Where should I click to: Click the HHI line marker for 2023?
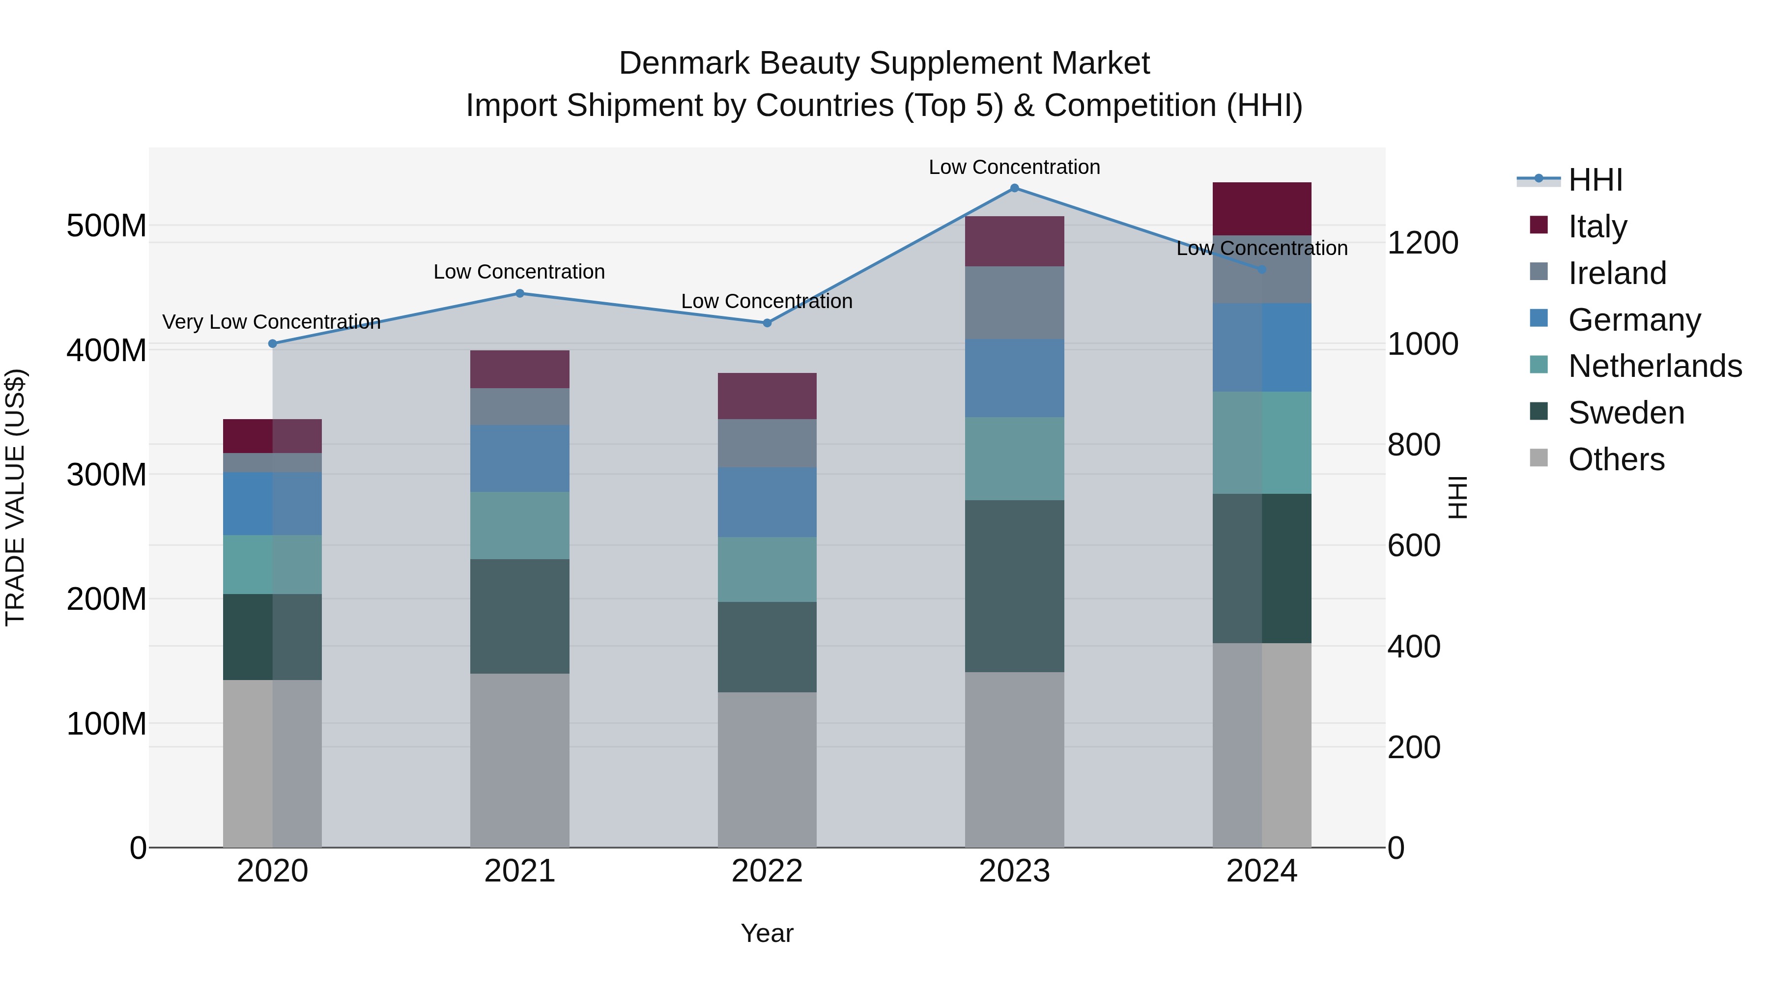tap(1014, 188)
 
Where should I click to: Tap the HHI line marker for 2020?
tap(273, 343)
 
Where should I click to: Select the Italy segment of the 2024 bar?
tap(1261, 209)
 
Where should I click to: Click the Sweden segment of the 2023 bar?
tap(1014, 586)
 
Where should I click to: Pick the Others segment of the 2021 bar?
tap(520, 760)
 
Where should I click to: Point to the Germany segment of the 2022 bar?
tap(767, 502)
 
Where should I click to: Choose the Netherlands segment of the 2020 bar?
tap(273, 565)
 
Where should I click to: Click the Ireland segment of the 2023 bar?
tap(1014, 302)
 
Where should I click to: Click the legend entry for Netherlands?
tap(1655, 366)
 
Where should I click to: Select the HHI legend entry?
tap(1595, 180)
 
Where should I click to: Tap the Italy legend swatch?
tap(1539, 225)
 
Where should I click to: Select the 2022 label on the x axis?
tap(767, 871)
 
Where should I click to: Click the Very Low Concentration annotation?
tap(271, 321)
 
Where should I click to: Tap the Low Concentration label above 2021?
tap(519, 272)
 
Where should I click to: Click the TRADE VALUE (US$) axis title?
tap(15, 497)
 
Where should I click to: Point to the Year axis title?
tap(767, 933)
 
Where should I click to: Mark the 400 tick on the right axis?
tap(1414, 646)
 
